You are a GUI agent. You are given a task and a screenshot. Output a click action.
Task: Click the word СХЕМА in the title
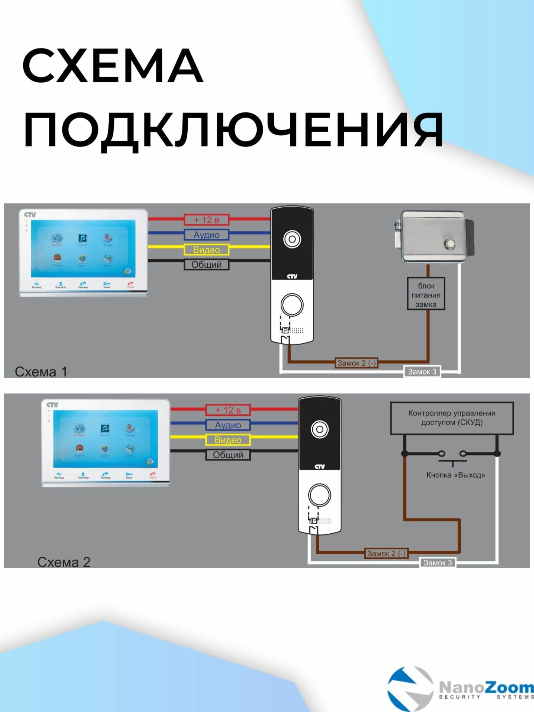[113, 66]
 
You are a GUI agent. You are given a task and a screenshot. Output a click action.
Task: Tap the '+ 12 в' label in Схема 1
[207, 220]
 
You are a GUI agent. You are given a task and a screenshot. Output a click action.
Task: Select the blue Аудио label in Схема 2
[228, 425]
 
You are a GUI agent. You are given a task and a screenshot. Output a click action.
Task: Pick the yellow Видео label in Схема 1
[207, 250]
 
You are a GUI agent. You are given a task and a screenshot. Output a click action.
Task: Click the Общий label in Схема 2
[228, 455]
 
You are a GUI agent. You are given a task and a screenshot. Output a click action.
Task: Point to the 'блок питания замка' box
[426, 295]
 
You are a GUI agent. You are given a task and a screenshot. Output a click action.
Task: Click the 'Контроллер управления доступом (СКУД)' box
[452, 418]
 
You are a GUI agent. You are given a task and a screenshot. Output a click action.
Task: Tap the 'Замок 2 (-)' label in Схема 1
[356, 363]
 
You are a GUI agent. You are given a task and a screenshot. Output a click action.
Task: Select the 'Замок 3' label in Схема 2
[438, 563]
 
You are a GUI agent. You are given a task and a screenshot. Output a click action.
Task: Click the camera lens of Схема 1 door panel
[292, 239]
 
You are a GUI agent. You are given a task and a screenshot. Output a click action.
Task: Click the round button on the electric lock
[450, 244]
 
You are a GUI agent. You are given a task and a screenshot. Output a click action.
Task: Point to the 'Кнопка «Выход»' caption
[455, 475]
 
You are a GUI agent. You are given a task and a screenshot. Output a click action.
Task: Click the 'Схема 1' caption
[41, 372]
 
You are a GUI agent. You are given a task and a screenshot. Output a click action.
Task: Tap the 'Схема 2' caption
[64, 562]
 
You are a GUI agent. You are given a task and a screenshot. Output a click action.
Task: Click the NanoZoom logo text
[486, 688]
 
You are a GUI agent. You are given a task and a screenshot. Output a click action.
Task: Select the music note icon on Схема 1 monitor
[82, 238]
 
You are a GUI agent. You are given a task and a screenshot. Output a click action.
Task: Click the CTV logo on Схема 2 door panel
[319, 467]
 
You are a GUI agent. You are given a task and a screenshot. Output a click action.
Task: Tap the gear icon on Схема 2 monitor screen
[150, 461]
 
